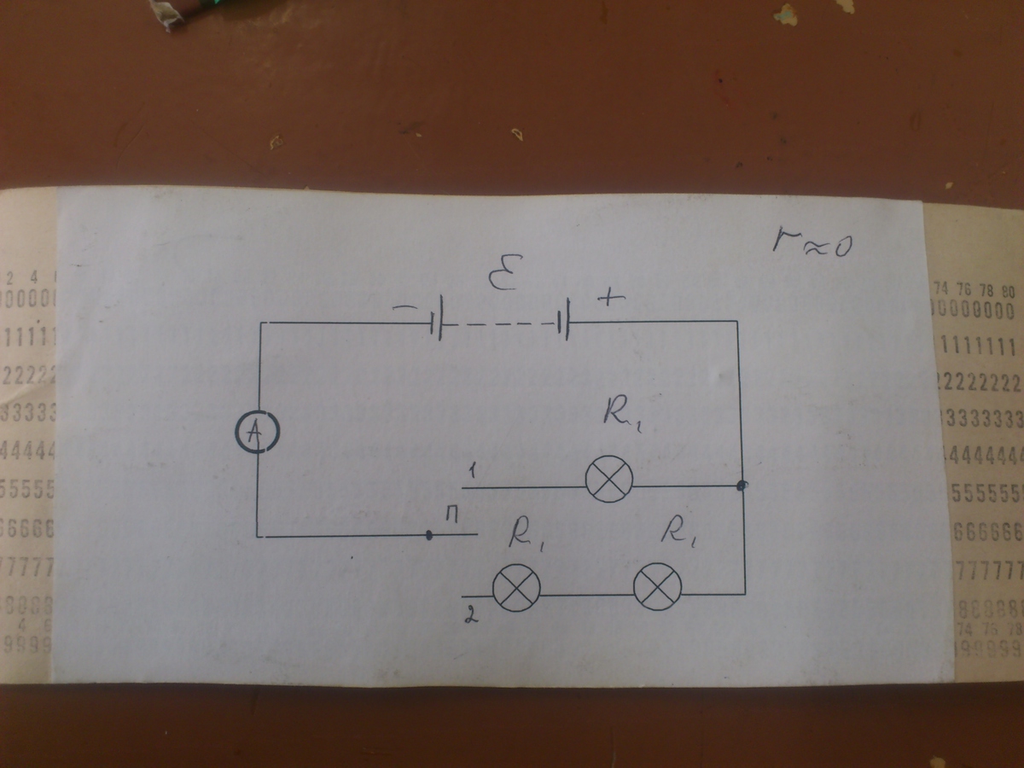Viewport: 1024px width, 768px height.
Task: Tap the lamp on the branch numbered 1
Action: [609, 479]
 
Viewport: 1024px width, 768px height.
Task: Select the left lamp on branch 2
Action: [516, 589]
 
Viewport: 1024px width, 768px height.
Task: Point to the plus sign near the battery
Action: [611, 299]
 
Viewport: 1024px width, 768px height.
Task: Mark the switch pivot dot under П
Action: [428, 536]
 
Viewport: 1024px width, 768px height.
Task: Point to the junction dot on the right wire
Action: [742, 486]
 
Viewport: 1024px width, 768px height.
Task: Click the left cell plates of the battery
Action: [437, 323]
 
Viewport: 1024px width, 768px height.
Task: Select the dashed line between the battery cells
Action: [499, 323]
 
